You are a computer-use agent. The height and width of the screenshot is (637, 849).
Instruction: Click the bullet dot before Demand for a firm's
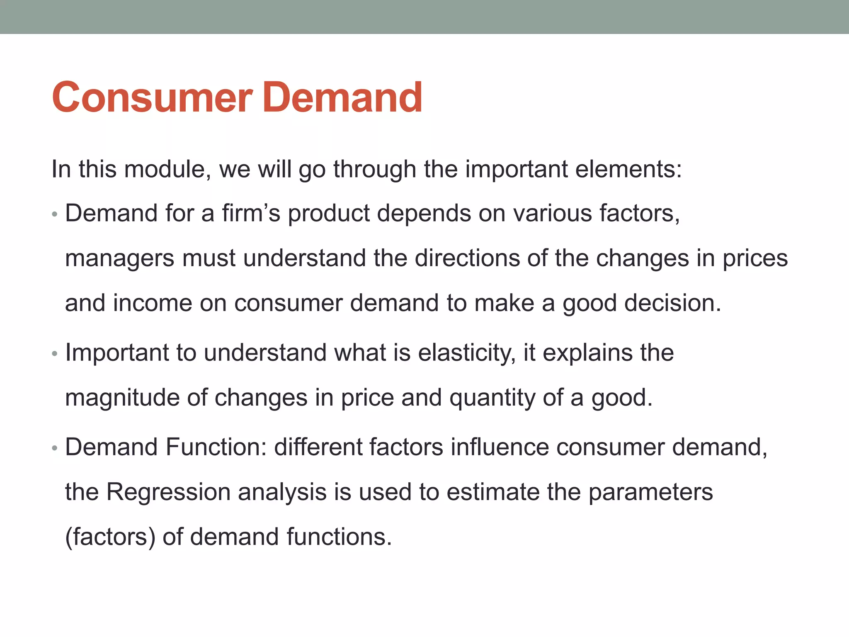click(x=54, y=215)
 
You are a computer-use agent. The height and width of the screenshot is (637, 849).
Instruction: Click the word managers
click(x=119, y=259)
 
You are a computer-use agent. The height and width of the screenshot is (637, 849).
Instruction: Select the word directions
click(x=466, y=258)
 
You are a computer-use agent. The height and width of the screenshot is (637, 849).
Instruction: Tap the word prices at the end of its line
click(x=755, y=259)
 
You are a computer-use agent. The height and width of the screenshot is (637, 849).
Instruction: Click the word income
click(x=152, y=303)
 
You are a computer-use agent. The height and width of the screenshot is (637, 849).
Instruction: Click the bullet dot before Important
click(x=54, y=354)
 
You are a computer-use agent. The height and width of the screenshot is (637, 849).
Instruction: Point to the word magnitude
click(x=122, y=398)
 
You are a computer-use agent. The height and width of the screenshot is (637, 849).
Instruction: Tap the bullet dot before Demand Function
click(x=54, y=449)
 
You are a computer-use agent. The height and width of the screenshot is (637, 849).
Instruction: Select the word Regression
click(x=168, y=493)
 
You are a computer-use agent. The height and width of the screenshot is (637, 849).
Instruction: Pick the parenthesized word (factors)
click(x=110, y=537)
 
